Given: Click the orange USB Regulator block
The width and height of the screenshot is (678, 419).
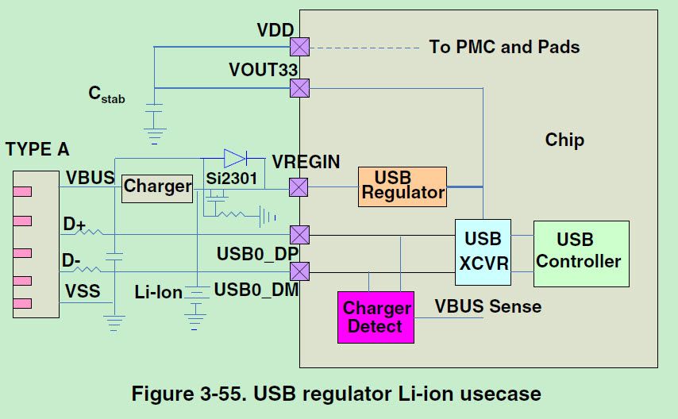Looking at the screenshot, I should tap(402, 186).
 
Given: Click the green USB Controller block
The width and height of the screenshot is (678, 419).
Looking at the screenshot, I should tap(581, 253).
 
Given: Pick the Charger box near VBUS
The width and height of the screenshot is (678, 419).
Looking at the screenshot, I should tap(157, 187).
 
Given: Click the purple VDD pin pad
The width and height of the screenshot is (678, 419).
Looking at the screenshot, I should tap(299, 47).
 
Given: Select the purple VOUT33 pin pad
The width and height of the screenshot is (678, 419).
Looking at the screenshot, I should tap(299, 87).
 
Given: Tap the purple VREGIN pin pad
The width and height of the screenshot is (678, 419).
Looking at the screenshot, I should tap(299, 187).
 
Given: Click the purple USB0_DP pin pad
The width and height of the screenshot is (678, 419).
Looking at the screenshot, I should tap(299, 235).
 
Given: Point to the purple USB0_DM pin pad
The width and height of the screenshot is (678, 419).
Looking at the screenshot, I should tap(299, 271).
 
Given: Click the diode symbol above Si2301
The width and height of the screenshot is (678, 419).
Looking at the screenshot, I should tap(236, 158).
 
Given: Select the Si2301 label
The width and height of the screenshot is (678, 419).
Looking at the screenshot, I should tap(231, 179).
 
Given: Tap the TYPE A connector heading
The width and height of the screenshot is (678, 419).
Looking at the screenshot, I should tap(37, 149).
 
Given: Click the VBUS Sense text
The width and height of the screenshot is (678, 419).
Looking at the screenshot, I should tap(487, 306).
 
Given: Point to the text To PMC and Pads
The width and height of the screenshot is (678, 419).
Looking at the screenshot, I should tap(504, 47).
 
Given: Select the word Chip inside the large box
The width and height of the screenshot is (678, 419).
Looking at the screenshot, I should tap(564, 140).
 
